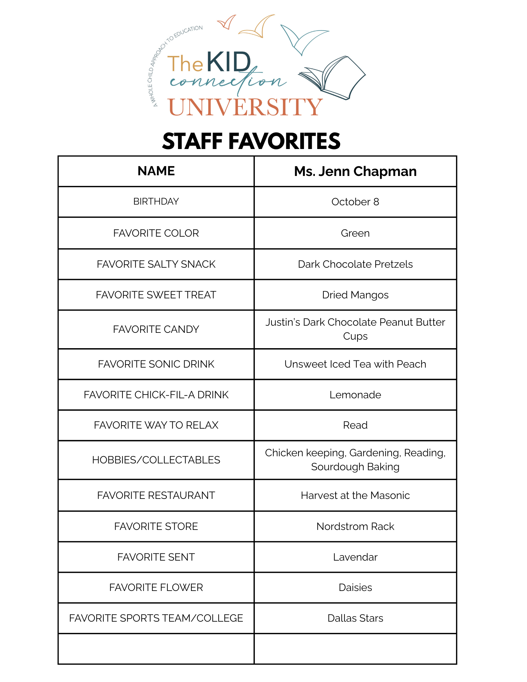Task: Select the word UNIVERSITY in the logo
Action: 245,107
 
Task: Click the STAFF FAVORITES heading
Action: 251,141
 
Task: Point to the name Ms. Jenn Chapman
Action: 355,171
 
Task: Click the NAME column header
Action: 156,171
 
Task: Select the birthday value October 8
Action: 355,202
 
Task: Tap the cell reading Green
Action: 355,233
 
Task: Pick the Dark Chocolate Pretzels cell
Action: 355,264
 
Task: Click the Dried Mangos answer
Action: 355,295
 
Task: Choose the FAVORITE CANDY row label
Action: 156,329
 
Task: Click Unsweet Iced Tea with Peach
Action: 355,364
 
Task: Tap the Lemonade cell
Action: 355,395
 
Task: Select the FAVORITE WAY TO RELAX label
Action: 156,425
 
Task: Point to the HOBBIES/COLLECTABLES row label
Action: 156,460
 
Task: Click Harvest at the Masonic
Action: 355,495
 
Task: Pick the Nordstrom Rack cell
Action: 355,527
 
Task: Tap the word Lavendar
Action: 355,557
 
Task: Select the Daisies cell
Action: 355,588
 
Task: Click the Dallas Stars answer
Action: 355,618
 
